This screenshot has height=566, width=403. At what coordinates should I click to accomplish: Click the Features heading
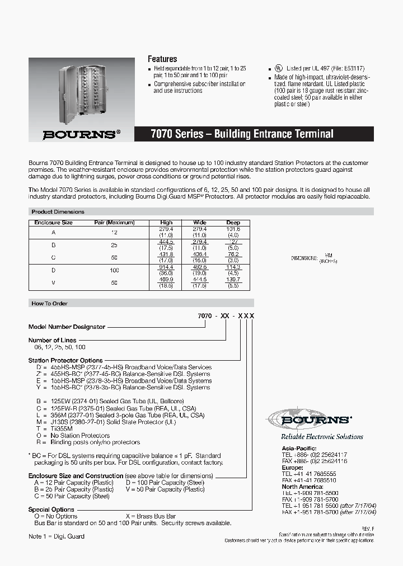pyautogui.click(x=162, y=59)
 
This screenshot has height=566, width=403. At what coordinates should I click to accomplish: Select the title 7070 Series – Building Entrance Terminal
pyautogui.click(x=242, y=134)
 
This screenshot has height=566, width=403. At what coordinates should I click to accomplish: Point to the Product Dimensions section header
pyautogui.click(x=58, y=212)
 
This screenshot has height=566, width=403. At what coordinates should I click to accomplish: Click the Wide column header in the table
pyautogui.click(x=200, y=222)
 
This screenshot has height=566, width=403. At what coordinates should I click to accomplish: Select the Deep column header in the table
pyautogui.click(x=233, y=222)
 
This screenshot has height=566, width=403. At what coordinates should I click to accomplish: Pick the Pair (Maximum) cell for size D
pyautogui.click(x=115, y=270)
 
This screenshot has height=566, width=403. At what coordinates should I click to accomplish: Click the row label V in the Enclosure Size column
pyautogui.click(x=54, y=282)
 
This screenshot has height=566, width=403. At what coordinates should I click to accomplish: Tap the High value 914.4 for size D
pyautogui.click(x=167, y=267)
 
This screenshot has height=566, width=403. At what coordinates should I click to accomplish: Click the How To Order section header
pyautogui.click(x=49, y=303)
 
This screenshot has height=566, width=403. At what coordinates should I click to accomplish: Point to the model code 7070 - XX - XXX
pyautogui.click(x=226, y=316)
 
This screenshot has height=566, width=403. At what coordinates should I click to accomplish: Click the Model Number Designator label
pyautogui.click(x=67, y=327)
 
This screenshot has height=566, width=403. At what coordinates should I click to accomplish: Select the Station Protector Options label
pyautogui.click(x=65, y=361)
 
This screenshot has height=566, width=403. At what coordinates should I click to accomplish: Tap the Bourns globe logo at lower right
pyautogui.click(x=309, y=419)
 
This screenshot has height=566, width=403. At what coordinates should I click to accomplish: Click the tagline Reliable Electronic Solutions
pyautogui.click(x=322, y=437)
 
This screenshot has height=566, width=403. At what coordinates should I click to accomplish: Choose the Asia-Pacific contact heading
pyautogui.click(x=298, y=449)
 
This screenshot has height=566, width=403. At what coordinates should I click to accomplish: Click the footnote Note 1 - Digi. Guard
pyautogui.click(x=57, y=536)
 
